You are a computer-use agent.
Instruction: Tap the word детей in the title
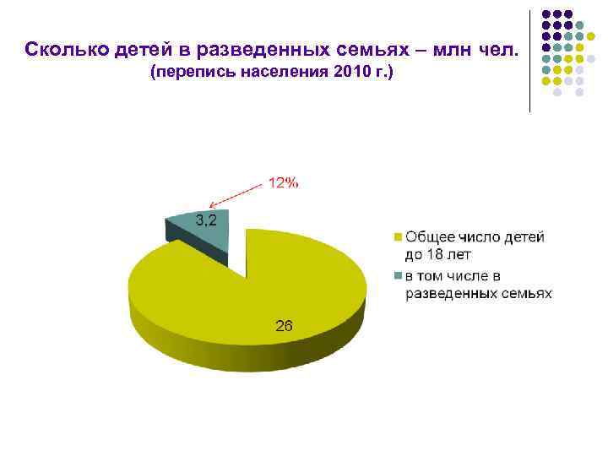click(x=126, y=49)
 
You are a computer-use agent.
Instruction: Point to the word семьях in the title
click(x=348, y=49)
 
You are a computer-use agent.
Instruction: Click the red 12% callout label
click(x=283, y=182)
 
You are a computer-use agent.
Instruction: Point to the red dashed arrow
click(x=236, y=196)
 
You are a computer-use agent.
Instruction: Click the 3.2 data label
click(x=206, y=220)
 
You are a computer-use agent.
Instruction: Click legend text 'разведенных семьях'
click(x=478, y=293)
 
